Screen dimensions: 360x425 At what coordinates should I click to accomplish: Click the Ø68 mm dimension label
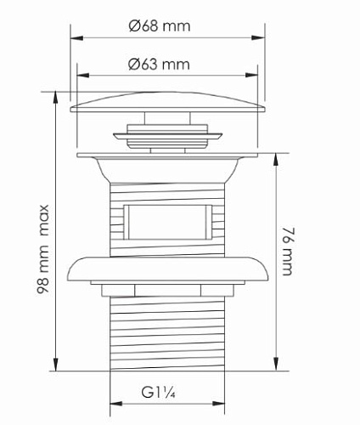[x=160, y=26]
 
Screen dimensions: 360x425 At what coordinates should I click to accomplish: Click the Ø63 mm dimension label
[x=159, y=65]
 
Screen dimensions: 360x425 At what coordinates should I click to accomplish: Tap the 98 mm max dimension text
[x=43, y=249]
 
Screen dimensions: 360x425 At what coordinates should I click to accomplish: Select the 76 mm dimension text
[x=287, y=252]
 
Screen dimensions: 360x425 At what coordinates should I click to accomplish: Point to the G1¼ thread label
[x=159, y=393]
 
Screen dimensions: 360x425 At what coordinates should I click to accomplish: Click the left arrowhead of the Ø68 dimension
[x=76, y=38]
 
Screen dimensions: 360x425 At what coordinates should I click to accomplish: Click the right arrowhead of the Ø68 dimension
[x=258, y=37]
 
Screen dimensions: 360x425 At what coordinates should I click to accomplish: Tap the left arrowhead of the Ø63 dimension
[x=83, y=76]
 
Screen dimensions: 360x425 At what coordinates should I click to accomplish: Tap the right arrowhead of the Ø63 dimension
[x=251, y=76]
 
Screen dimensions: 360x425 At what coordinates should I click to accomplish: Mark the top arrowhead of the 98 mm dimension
[x=55, y=98]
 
